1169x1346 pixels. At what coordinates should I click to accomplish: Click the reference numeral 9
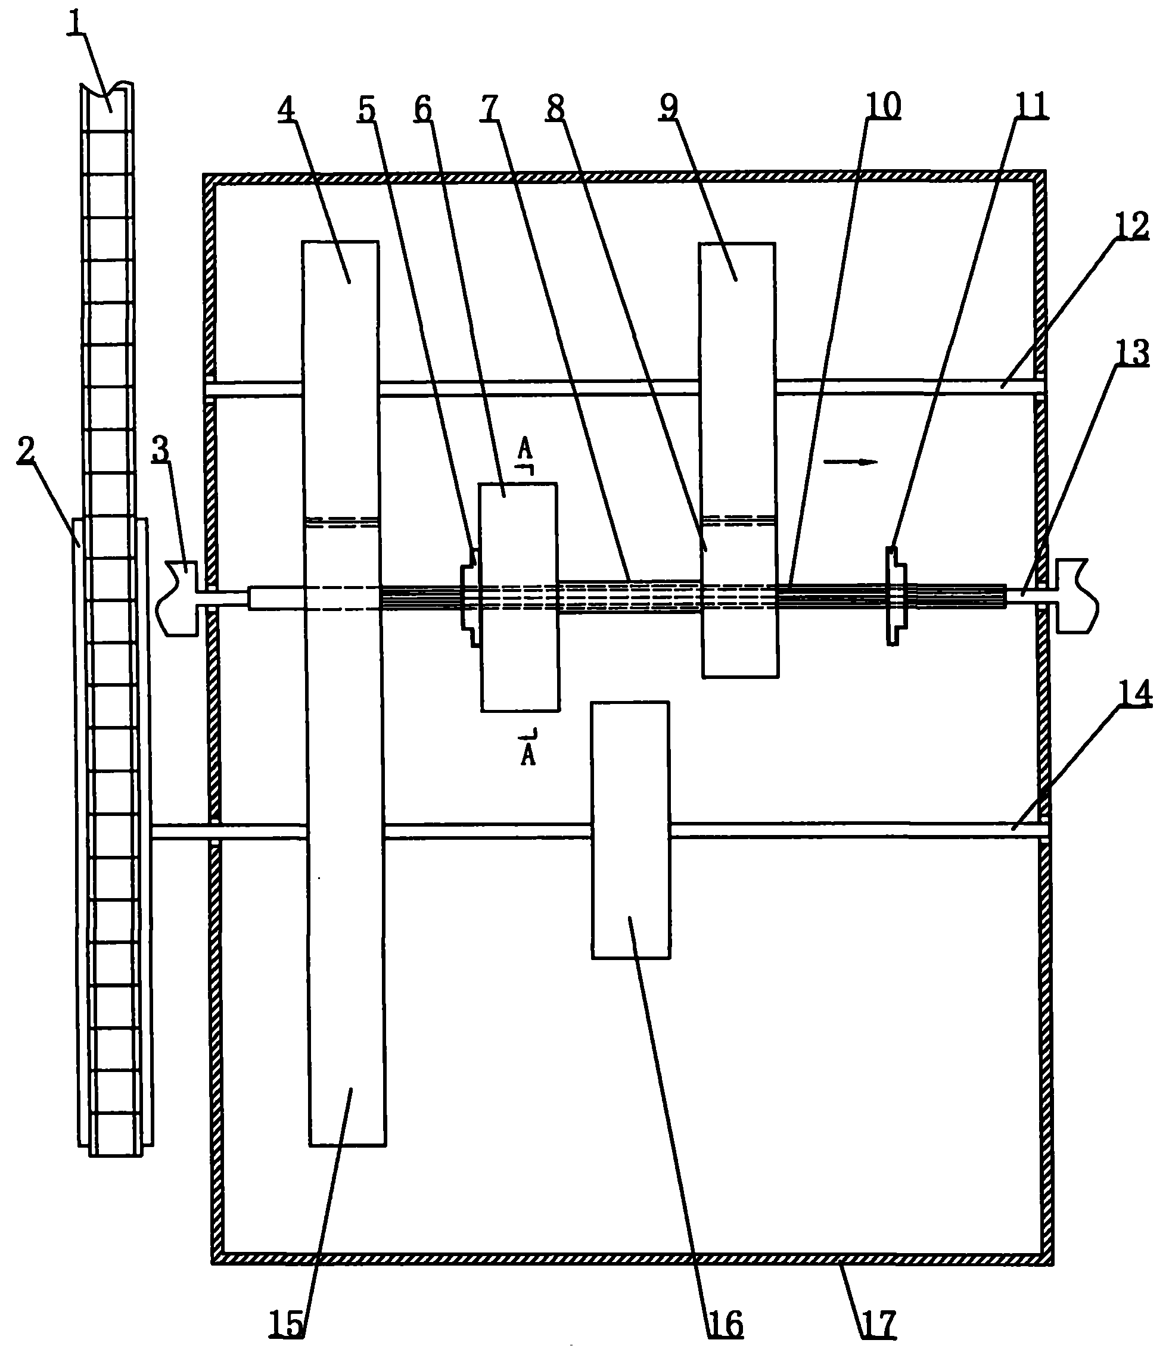tap(669, 106)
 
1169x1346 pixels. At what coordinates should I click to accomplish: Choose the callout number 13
tap(1132, 353)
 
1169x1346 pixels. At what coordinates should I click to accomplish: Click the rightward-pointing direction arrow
tap(851, 462)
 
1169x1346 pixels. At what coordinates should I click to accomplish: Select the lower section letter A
tap(528, 754)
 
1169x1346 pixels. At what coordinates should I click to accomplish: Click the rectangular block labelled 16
tap(630, 830)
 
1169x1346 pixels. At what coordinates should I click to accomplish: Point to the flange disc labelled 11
tap(894, 596)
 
